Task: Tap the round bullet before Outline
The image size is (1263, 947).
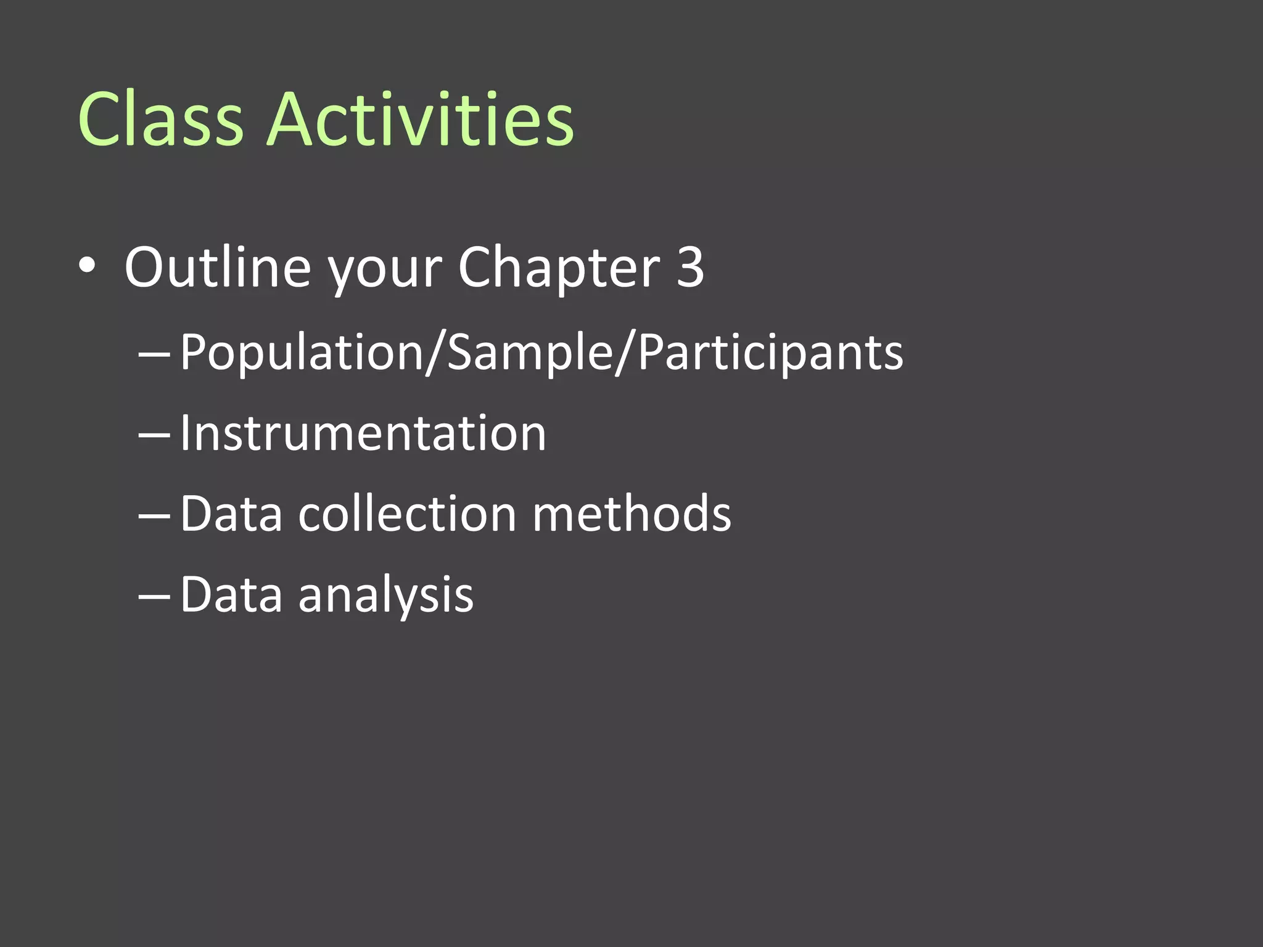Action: pos(87,266)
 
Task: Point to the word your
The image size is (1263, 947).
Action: pos(384,271)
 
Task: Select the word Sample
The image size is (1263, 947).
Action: pos(529,353)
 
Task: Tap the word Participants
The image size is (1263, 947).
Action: pos(771,353)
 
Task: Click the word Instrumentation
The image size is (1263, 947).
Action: pos(363,433)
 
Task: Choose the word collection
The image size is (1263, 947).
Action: pos(407,514)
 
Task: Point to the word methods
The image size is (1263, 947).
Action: pos(631,514)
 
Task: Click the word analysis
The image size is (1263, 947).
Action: pos(386,596)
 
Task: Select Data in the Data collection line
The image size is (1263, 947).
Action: pos(231,514)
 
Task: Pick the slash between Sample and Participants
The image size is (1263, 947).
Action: pos(624,353)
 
